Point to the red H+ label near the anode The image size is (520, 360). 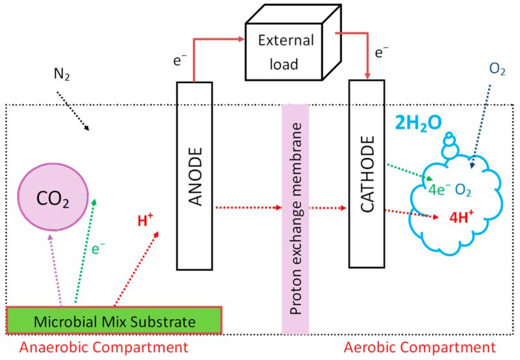click(145, 220)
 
